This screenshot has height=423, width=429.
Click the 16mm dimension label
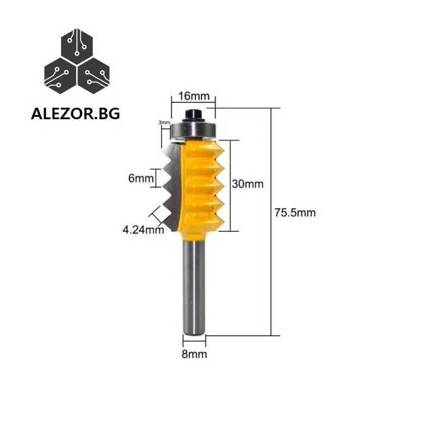tap(194, 96)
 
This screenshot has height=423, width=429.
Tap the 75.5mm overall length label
tap(295, 212)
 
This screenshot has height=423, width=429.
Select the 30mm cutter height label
tap(247, 184)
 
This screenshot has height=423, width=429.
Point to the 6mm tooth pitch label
tap(141, 179)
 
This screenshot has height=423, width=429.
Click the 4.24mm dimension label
tap(143, 230)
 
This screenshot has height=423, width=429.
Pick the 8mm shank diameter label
tap(194, 354)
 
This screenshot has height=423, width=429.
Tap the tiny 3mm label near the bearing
tap(165, 122)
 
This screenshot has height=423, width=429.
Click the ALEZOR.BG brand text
tap(76, 114)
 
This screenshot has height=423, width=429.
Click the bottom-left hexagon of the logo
tap(60, 76)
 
